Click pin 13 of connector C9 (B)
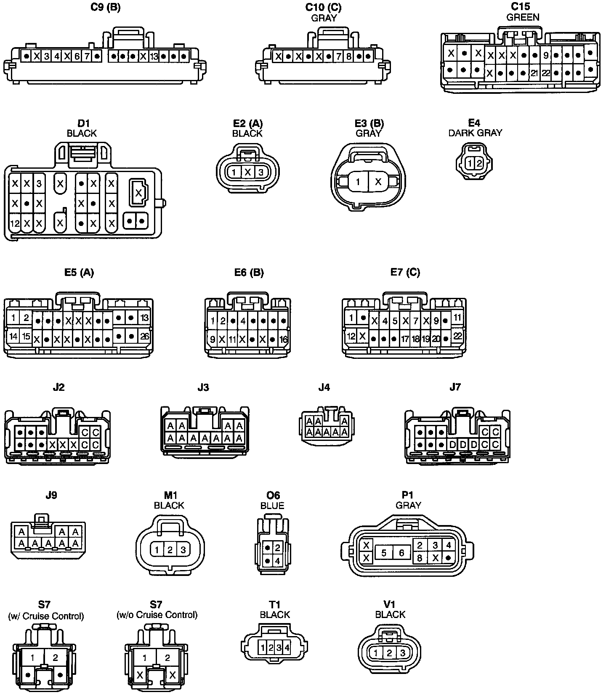pos(154,56)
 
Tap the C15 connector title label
pos(520,7)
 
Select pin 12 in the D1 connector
pos(15,223)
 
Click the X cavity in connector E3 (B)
pos(378,182)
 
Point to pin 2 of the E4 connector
pos(479,163)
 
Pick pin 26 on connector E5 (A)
pos(144,336)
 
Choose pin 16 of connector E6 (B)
pos(284,339)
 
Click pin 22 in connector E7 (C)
pos(458,336)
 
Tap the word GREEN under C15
pos(523,17)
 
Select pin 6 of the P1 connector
pos(401,552)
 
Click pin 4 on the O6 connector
pos(277,561)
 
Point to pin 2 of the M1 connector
pos(170,549)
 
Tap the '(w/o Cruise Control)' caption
pos(157,615)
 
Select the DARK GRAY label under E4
pos(475,133)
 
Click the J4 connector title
pos(324,387)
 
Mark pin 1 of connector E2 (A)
pos(234,172)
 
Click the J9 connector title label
pos(51,495)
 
